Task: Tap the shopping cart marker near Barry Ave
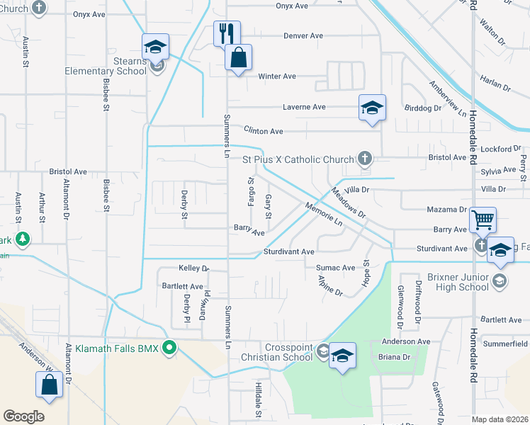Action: [x=483, y=220]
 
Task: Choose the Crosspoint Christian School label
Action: [x=288, y=352]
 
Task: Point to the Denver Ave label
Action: [x=303, y=36]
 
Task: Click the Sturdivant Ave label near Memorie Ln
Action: [x=288, y=251]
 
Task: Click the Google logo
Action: [x=23, y=416]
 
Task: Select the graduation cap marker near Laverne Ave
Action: [x=372, y=108]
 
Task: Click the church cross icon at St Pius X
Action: [x=364, y=158]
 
